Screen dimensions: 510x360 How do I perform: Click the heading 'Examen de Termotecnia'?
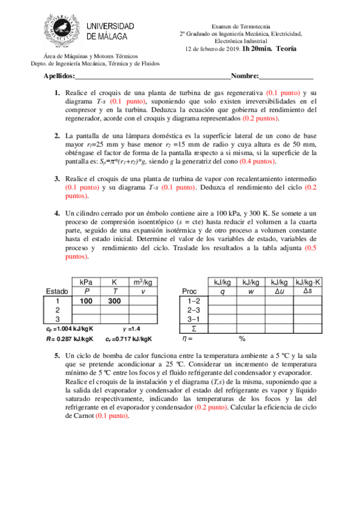point(243,26)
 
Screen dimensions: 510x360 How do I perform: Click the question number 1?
point(57,93)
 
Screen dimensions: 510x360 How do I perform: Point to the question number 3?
point(57,180)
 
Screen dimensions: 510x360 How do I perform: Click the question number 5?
point(57,356)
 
